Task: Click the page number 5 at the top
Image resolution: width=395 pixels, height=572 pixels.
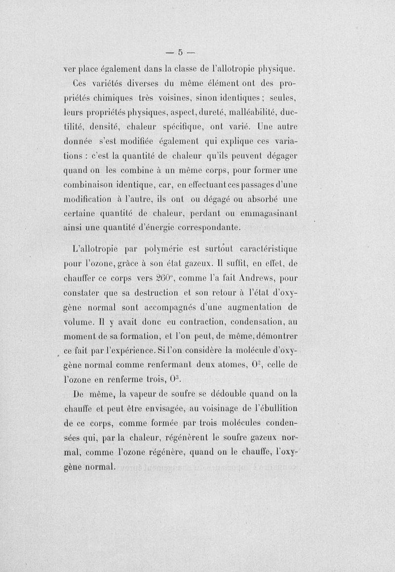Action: pos(181,51)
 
